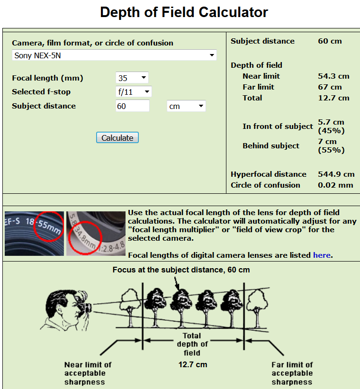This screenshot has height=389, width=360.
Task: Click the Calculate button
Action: point(117,138)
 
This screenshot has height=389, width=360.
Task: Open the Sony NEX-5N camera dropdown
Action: point(114,55)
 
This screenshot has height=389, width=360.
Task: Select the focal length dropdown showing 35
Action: point(132,78)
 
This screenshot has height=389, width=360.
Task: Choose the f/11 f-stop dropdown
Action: point(134,91)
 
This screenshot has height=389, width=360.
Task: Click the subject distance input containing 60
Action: point(132,106)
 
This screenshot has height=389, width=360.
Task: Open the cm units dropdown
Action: point(186,106)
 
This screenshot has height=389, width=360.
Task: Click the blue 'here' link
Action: point(322,255)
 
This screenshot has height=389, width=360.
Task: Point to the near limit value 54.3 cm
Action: point(333,76)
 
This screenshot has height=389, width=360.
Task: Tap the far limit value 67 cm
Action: point(330,87)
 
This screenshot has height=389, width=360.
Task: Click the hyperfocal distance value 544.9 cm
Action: point(336,174)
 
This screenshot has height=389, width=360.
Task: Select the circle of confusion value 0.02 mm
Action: point(335,185)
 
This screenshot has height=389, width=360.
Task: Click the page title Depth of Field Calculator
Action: point(184,12)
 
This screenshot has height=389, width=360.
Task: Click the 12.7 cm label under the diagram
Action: point(193,364)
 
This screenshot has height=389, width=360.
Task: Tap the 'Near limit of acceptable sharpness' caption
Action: point(88,373)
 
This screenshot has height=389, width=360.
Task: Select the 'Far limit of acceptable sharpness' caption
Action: point(292,373)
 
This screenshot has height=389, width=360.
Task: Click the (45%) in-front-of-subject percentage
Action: point(331,130)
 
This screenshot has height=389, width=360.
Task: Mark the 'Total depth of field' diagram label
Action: point(192,344)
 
